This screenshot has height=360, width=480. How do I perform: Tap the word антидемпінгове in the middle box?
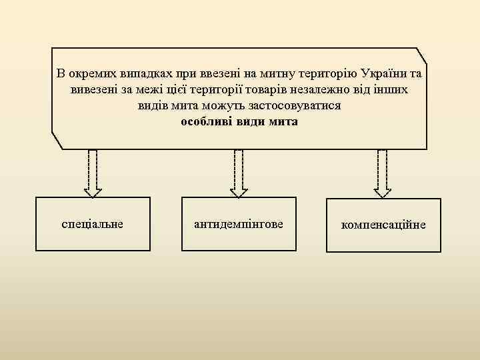coord(238,224)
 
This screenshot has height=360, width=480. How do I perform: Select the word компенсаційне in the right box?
coord(383,225)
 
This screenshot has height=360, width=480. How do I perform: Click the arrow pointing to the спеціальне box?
coord(93,173)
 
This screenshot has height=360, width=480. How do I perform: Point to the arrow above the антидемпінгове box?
coord(239,173)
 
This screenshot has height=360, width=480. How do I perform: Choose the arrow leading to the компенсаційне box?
coord(383,173)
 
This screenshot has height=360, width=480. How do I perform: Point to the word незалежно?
coord(321,89)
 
